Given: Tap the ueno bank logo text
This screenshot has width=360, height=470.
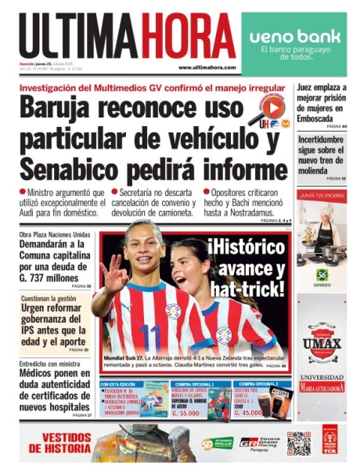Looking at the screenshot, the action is (294, 37).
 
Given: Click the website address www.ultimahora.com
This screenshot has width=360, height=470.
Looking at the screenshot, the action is (207, 67).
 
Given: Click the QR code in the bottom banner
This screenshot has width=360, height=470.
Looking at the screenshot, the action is (298, 443).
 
